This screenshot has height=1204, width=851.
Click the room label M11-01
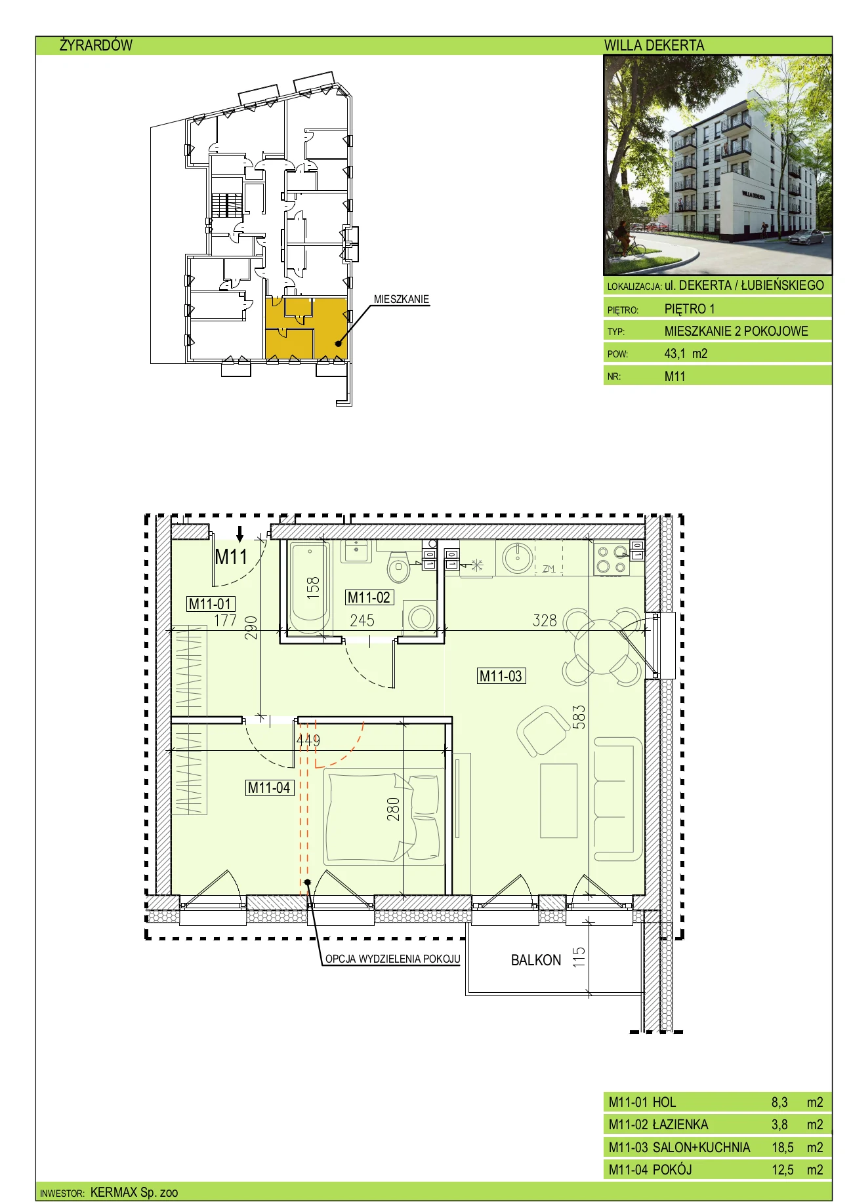(211, 604)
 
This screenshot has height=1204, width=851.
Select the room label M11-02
(369, 597)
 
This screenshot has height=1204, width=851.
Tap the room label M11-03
(501, 676)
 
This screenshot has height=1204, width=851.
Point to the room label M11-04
(269, 788)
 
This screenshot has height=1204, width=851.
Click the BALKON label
(536, 960)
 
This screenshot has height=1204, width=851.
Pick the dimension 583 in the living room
(578, 717)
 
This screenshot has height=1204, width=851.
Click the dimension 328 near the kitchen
(545, 620)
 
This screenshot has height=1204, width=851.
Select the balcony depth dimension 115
(578, 957)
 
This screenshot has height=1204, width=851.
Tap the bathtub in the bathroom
(309, 587)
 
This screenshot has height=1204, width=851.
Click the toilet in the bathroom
(398, 567)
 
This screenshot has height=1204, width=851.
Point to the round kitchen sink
(518, 557)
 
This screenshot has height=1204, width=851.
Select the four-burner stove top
(612, 559)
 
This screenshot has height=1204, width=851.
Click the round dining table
(601, 647)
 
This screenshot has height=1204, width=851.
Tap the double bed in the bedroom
(384, 817)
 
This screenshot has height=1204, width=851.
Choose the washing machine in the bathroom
(420, 617)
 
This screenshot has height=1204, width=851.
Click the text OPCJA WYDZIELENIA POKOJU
(392, 959)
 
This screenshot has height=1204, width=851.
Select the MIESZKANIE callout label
(402, 299)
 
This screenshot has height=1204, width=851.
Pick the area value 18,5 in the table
(782, 1147)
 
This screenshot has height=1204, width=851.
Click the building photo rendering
(718, 165)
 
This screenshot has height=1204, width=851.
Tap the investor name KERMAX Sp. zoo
(134, 1192)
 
